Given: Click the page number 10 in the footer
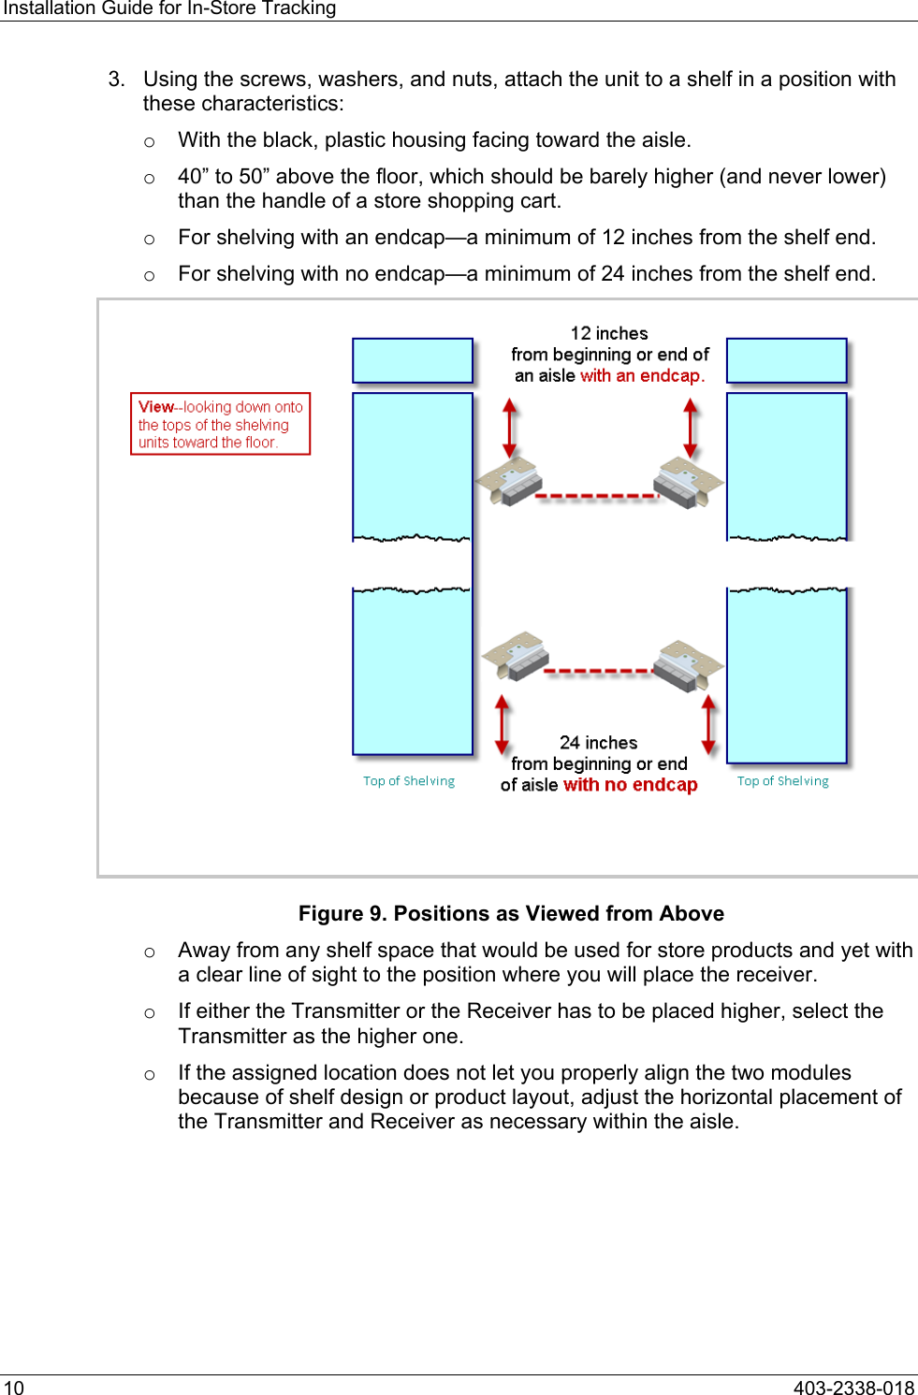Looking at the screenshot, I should [14, 1388].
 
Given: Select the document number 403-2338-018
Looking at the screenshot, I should [853, 1388].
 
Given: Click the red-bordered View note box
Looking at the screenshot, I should [220, 424].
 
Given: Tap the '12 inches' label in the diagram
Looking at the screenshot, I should [609, 333].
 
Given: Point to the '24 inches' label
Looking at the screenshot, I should [598, 743].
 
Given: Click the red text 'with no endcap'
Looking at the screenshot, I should [631, 785].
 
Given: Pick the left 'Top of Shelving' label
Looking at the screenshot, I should [409, 781].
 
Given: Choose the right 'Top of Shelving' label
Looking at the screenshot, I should [782, 781].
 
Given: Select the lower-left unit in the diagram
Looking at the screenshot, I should [516, 655].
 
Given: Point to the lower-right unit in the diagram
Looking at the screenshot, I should [689, 663].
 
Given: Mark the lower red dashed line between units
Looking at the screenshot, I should [599, 671].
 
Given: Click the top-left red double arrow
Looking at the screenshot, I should [510, 427].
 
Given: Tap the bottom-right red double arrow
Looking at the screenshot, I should [708, 724].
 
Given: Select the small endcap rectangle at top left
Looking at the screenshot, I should [413, 360].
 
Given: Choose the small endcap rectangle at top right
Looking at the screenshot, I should [786, 360].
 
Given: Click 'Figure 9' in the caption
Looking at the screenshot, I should [341, 914].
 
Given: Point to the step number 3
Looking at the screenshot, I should [116, 80].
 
